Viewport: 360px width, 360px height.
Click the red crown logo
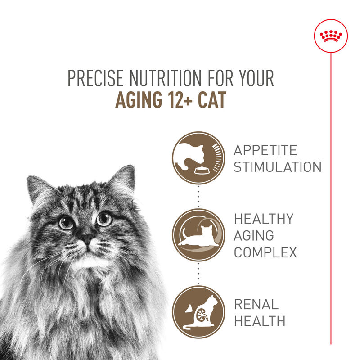point(331,36)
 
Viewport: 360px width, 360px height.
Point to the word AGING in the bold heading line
point(135,100)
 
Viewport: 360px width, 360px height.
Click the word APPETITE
point(265,150)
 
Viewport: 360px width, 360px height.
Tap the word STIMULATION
point(278,167)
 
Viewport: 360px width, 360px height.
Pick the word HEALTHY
point(263,219)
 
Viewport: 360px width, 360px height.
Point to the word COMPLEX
point(265,252)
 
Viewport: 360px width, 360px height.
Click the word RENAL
point(256,304)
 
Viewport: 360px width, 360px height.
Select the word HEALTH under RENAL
point(260,321)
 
